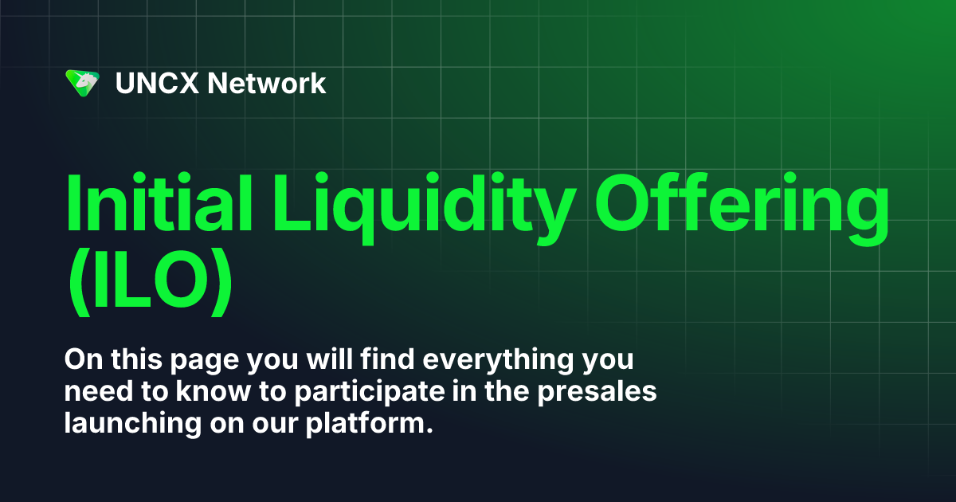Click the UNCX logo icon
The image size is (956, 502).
(82, 83)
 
